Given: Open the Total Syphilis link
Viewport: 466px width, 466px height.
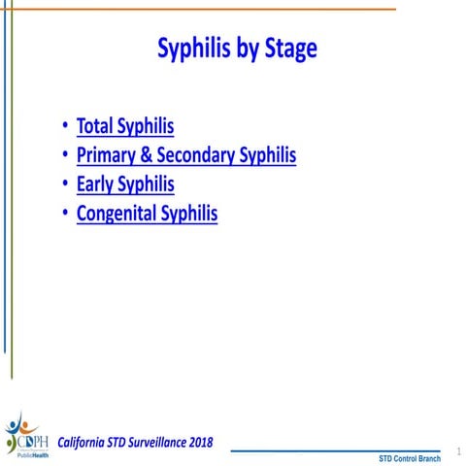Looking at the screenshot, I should coord(125,126).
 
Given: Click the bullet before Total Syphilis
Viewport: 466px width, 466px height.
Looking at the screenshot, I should coord(64,126).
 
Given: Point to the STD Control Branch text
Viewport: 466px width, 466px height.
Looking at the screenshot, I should coord(409,458).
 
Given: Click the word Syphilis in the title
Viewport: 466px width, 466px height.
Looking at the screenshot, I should coord(194,50).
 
